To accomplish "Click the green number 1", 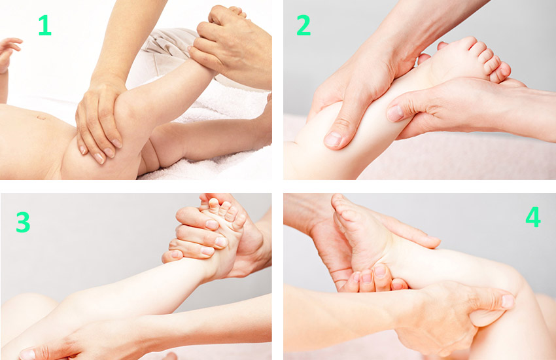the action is coord(45,25).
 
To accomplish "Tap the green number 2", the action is coord(304,26).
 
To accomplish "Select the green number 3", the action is coord(23,222).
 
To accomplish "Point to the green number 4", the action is coord(533,217).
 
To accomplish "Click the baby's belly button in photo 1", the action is coord(42,117).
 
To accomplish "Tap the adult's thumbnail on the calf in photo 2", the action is coord(333,139).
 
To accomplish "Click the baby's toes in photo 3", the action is coord(224,211).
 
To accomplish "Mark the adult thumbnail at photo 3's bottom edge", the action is coord(27,354).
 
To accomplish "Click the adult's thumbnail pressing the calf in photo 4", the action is coord(508,302).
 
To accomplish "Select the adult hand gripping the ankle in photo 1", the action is coord(230,46).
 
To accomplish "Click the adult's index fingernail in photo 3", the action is coord(212,224).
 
